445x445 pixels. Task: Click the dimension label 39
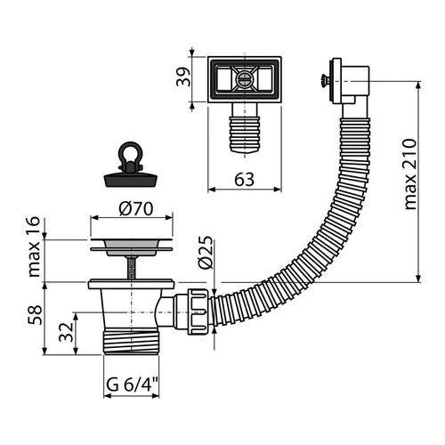coord(183,77)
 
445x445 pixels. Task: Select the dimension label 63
coord(245,180)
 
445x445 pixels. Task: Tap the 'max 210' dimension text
coord(411,174)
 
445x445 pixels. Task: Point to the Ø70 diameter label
coord(136,208)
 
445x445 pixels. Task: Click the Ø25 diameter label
coord(206,252)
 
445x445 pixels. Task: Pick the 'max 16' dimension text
coord(33,247)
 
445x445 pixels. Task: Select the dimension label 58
coord(35,315)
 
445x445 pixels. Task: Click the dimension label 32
coord(66,332)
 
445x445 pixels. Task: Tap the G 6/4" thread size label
coord(131,385)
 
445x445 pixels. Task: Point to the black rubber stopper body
coord(131,180)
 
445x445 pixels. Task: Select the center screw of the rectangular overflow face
coord(245,79)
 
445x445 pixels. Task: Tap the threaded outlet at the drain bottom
coord(131,343)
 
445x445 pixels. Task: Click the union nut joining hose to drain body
coord(198,311)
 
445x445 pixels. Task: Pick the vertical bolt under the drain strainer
coord(132,268)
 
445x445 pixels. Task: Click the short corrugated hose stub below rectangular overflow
coord(245,134)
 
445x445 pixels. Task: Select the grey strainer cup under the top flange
coord(132,247)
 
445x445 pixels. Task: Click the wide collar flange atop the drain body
coord(131,284)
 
